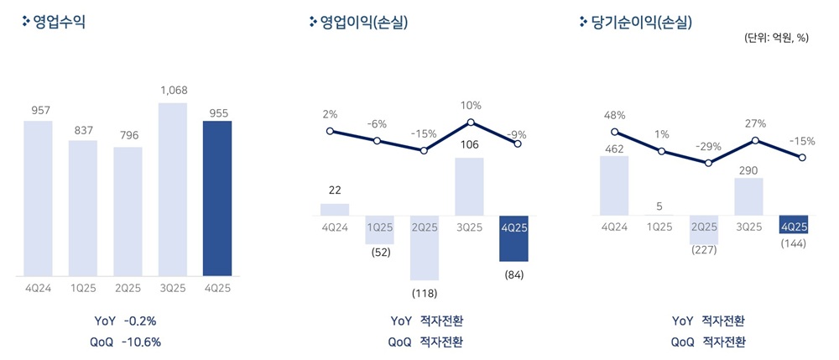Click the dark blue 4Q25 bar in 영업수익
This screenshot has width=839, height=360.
pos(216,198)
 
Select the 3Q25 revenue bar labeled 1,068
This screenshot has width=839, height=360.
pos(172,189)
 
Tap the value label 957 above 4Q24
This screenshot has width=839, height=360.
pos(38,111)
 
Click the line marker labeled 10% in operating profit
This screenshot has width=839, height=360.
pos(471,123)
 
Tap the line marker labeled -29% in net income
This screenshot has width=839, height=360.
pos(709,162)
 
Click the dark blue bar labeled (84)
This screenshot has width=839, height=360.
pos(513,239)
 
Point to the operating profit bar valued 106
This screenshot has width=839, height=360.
pos(470,186)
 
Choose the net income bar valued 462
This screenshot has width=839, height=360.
pos(615,185)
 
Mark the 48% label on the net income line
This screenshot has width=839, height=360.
pos(615,115)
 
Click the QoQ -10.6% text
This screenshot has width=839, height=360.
pos(126,342)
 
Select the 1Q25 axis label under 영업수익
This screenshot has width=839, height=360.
pos(83,288)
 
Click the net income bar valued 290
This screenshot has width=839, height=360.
pos(748,196)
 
